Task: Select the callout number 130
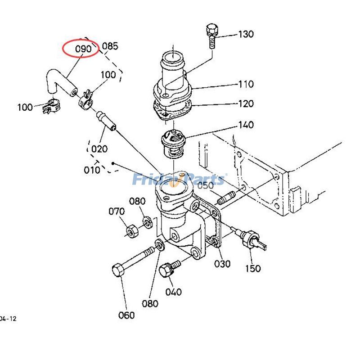click(x=246, y=34)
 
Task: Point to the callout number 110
click(x=246, y=84)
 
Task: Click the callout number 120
click(x=246, y=104)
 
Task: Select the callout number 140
click(x=246, y=125)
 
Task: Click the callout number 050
click(x=206, y=185)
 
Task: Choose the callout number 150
click(x=252, y=269)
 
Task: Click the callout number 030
click(x=222, y=264)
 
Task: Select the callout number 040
click(x=173, y=292)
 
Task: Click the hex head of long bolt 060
click(x=118, y=271)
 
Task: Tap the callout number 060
click(x=126, y=315)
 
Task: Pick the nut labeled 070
click(x=132, y=231)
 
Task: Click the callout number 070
click(x=117, y=211)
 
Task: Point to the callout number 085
click(x=110, y=46)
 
